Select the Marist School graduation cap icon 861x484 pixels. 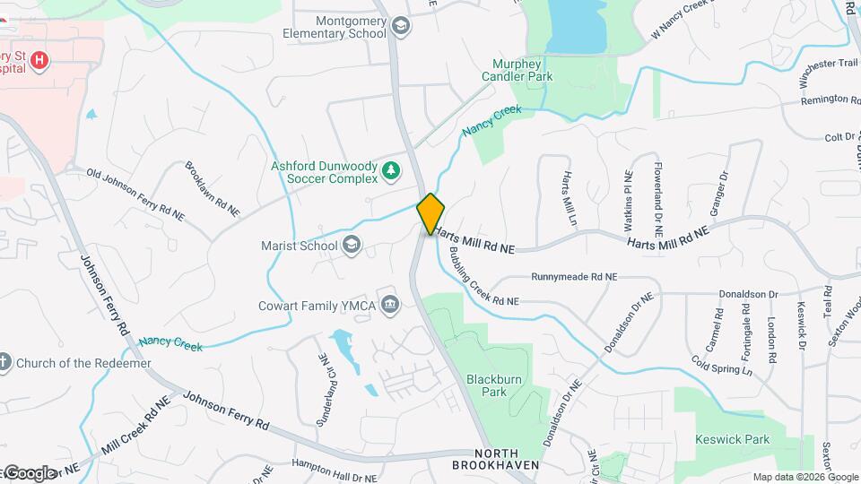coord(352,246)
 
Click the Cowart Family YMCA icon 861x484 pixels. coord(389,306)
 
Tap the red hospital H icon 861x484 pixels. coord(39,61)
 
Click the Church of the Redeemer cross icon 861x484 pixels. coord(4,363)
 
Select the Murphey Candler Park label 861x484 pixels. coord(523,70)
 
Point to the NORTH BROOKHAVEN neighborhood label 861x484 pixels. coord(496,459)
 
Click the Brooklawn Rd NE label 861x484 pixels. coord(212,188)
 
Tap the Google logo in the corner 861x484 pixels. coord(29,472)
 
